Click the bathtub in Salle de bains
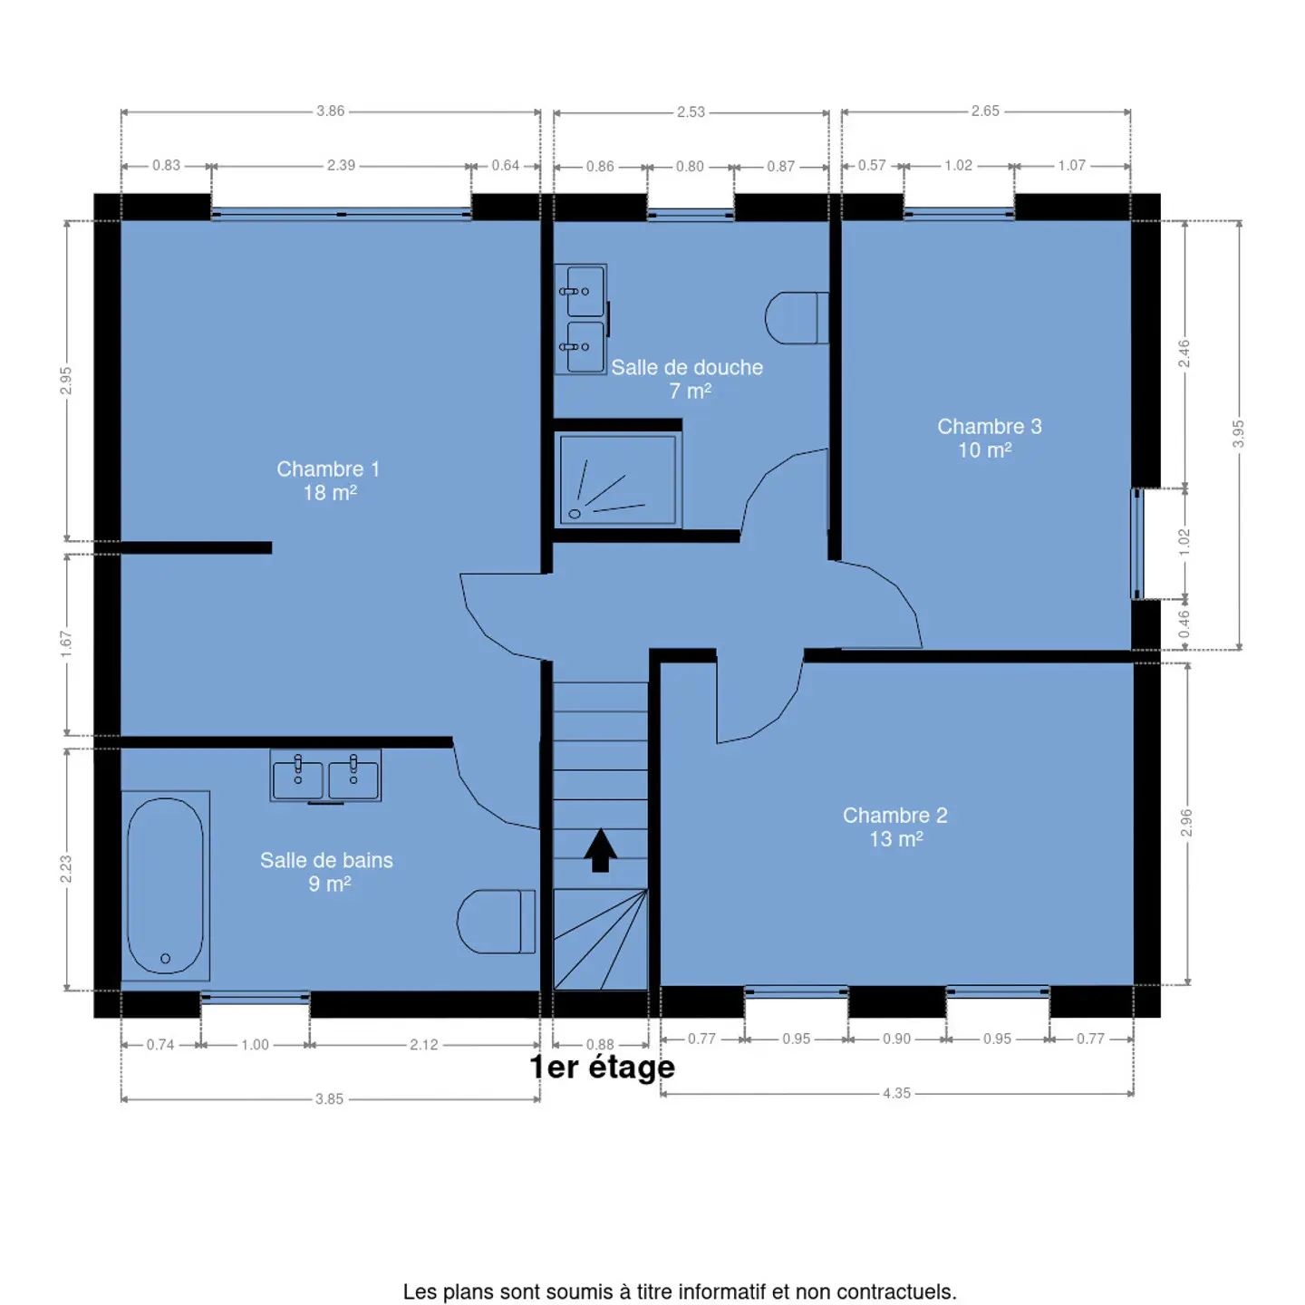165,885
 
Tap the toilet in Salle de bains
496,922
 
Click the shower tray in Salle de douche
618,480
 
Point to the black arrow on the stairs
600,850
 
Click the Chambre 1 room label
328,480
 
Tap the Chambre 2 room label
895,826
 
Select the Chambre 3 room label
989,438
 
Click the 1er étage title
602,1068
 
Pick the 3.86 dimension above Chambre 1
331,111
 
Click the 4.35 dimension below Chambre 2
896,1093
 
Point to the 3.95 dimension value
1239,433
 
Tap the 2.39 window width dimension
342,165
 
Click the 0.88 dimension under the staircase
600,1044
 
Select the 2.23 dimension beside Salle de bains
65,869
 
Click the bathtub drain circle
165,958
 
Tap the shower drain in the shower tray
575,514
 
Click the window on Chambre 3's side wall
1137,544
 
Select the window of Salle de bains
256,997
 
